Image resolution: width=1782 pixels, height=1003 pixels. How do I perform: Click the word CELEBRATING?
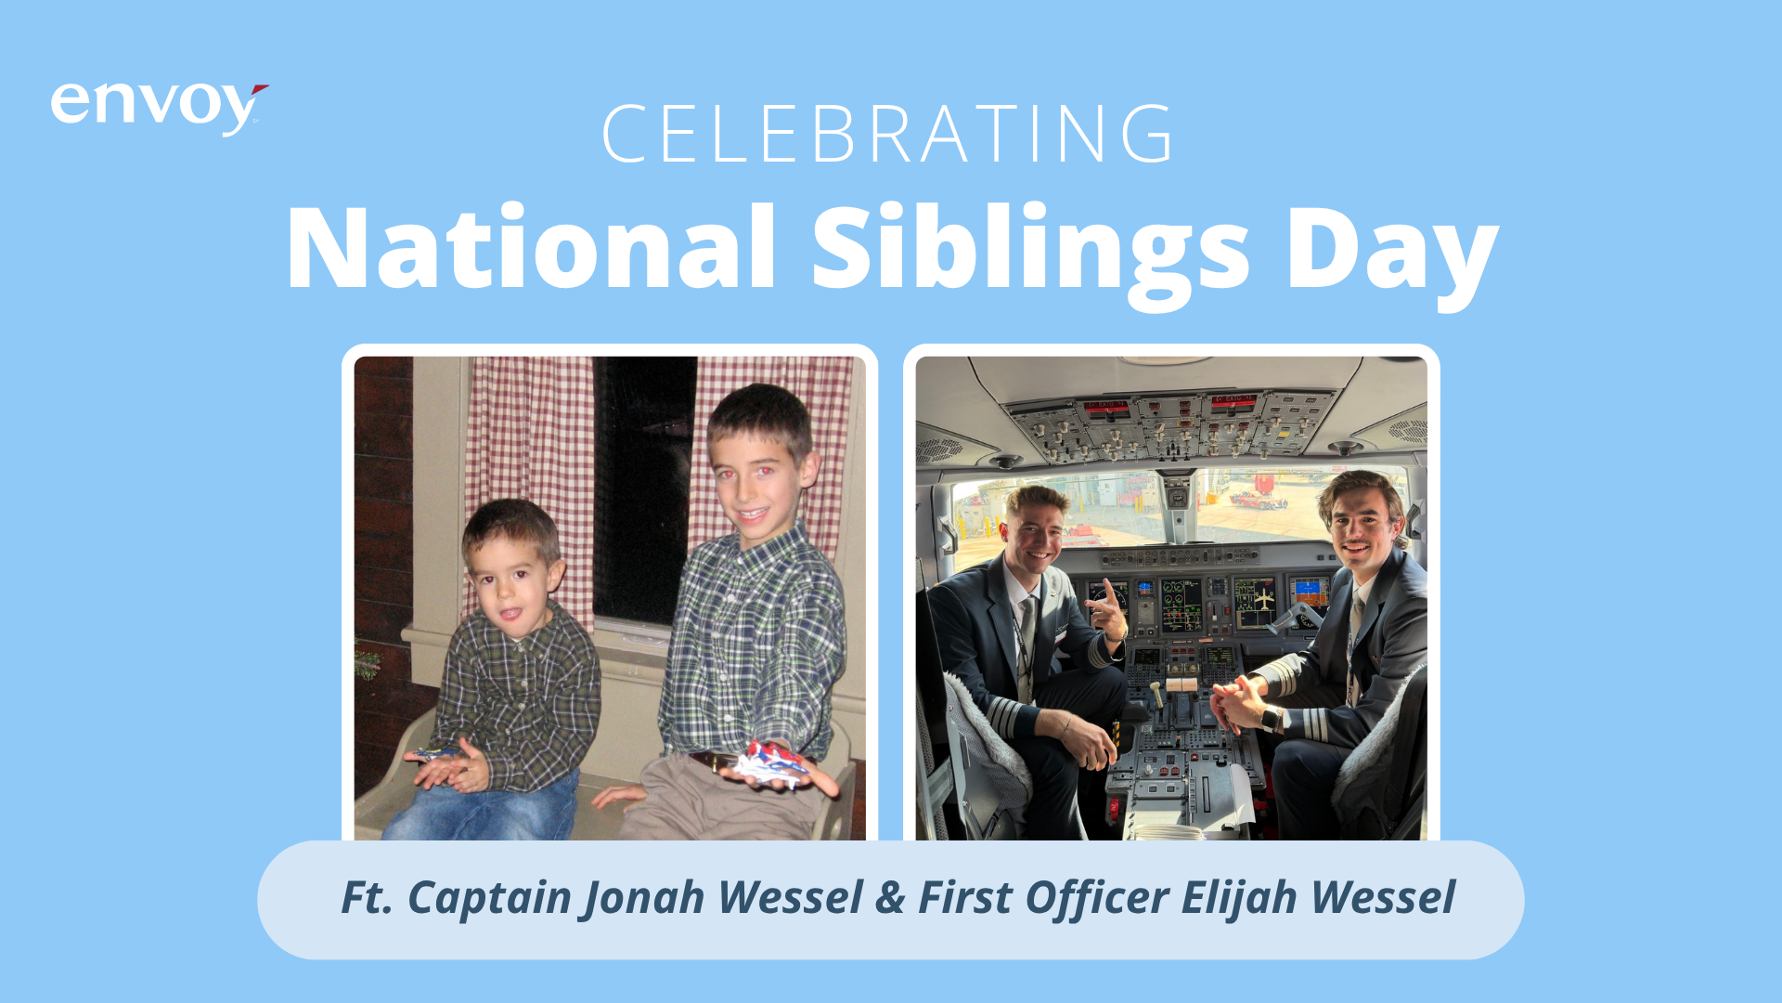[x=889, y=135]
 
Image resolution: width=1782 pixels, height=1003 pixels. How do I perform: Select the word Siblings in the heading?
[x=1030, y=255]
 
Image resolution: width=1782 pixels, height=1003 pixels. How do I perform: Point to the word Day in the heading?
[x=1392, y=255]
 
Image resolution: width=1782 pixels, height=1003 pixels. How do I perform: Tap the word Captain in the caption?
[x=488, y=898]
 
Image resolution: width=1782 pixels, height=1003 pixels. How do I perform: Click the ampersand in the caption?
[x=889, y=898]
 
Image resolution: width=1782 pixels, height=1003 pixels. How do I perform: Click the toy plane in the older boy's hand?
[x=770, y=763]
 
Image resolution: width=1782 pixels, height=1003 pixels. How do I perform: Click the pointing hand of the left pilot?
[x=1106, y=613]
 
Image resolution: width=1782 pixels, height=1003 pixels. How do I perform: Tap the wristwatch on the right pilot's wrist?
[x=1271, y=718]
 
